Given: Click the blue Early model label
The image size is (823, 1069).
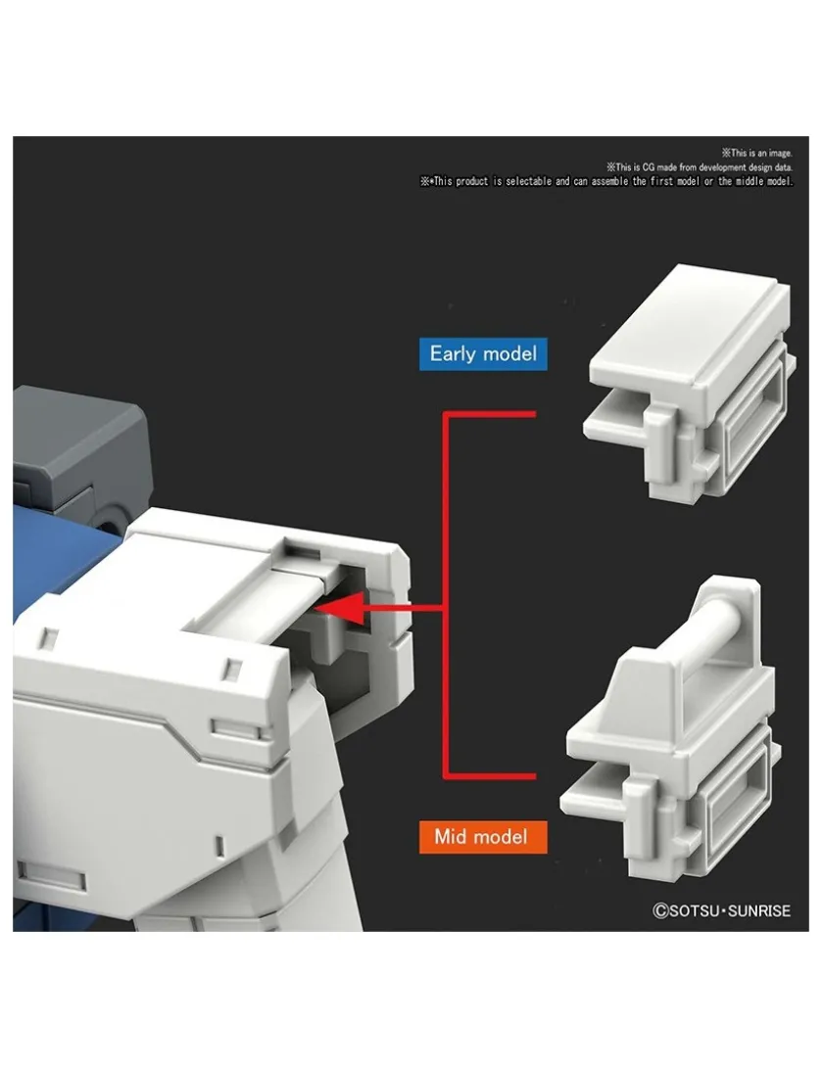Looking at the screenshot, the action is click(483, 353).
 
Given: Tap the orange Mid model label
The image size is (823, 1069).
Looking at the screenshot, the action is click(482, 837).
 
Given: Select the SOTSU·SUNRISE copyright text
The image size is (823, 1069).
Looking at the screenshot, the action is click(721, 910).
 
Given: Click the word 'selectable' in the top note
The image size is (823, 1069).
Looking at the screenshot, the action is click(528, 181).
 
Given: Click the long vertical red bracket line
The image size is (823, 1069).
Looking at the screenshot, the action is click(446, 594).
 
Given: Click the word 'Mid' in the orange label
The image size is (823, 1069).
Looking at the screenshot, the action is click(451, 837).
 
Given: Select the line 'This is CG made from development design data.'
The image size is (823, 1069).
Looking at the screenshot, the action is click(701, 167).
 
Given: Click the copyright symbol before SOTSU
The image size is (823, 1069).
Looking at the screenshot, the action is click(660, 910).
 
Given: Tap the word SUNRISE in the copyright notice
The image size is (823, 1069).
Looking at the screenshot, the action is click(759, 910).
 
